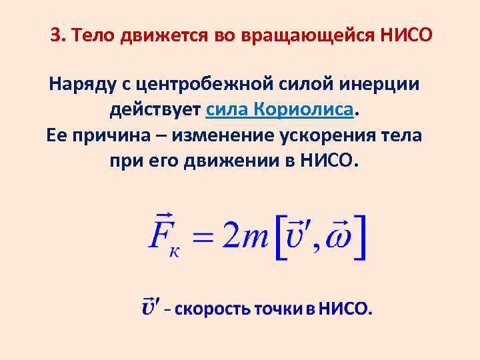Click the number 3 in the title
click(55, 35)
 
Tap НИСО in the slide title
click(406, 35)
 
